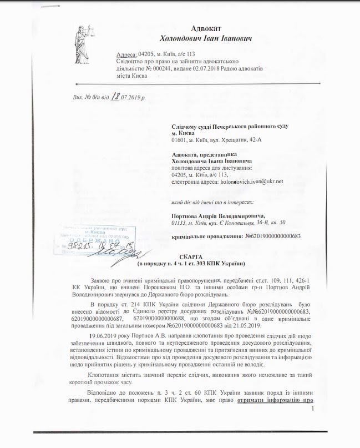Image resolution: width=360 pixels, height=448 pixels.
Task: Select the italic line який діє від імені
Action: pyautogui.click(x=215, y=202)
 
